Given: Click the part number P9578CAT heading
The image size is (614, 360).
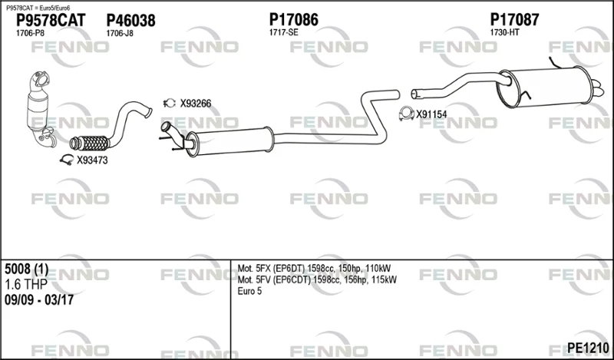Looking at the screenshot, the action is pos(51,21).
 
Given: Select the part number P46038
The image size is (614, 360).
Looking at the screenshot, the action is pos(130,21).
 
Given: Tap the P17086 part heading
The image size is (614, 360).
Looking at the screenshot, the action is pos(294,20).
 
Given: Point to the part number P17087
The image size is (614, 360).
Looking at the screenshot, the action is pos(514,20).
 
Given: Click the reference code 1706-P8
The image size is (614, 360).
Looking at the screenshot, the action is pos(30,33).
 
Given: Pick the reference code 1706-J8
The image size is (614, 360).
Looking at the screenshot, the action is pos(120,33).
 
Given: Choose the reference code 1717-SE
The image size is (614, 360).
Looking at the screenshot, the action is pos(283,32).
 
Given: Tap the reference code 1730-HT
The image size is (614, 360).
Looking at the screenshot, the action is pos(505,32).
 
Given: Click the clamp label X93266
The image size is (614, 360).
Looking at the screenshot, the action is pos(196,104).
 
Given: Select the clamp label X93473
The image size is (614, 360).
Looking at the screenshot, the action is pos(92,160).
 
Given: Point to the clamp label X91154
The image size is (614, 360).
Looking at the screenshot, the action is pos(431,114).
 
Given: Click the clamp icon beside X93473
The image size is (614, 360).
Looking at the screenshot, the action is pos(67,160).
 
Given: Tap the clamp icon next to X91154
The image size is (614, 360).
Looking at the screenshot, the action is pos(407,114).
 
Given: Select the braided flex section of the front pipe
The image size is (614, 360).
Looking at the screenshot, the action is pos(90,143).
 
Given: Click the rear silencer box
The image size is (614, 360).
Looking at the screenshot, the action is pos(547,88).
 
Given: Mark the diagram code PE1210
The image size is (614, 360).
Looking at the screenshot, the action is pos(588,348).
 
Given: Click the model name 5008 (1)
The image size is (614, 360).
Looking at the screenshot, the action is pos(27,269).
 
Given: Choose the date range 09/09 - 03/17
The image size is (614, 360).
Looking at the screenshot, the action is pos(39,300).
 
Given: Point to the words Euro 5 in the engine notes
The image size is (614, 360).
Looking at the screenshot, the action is pos(249,291).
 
